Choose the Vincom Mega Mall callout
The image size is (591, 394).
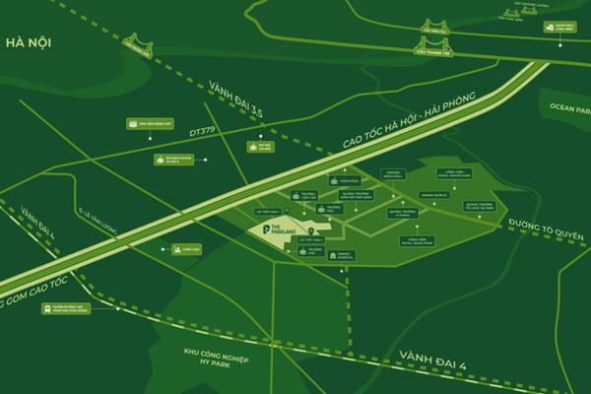tap(394, 177)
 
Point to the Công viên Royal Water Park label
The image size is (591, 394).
tap(432, 178)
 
